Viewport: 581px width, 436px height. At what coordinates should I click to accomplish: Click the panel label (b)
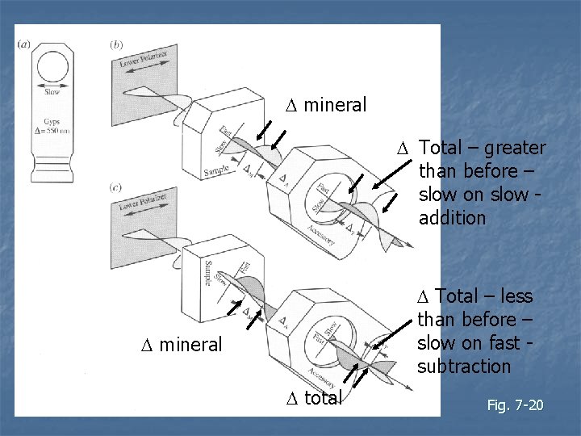(116, 44)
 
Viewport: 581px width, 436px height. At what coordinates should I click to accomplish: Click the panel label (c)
(116, 188)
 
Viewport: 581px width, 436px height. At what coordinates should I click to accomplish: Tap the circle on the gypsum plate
(52, 68)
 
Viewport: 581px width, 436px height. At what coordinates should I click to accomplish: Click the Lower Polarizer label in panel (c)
(143, 206)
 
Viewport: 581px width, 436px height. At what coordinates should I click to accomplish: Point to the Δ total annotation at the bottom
(315, 397)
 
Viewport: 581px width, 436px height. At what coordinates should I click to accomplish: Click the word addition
(453, 218)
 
